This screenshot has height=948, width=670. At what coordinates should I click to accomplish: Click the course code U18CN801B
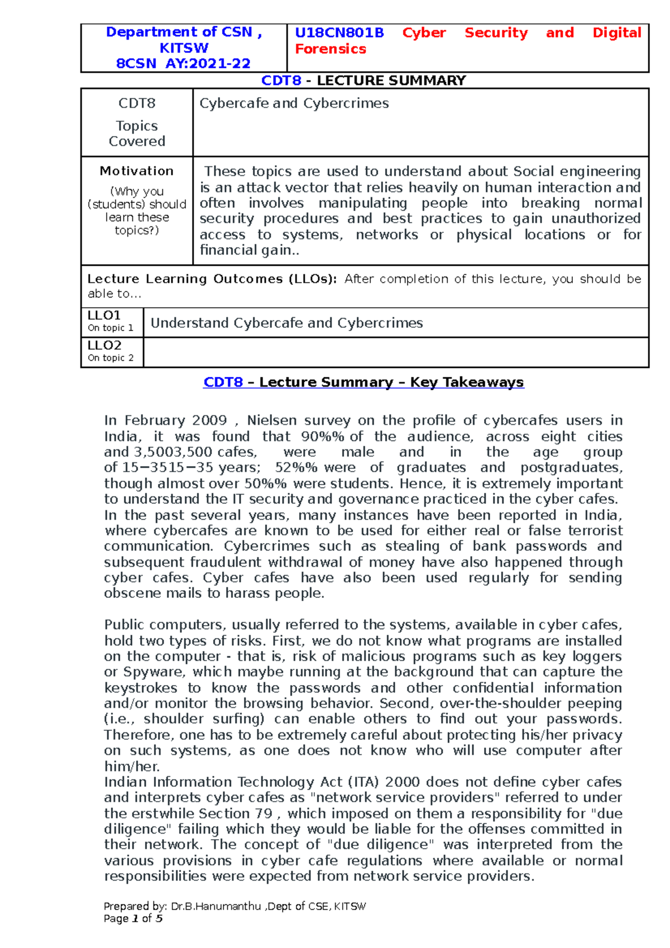(x=339, y=33)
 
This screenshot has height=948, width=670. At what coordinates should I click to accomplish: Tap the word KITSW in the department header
(x=184, y=48)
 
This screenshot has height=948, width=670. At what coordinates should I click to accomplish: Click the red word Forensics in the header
(x=331, y=49)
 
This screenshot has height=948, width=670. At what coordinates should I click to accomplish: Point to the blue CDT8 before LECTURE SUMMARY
(x=281, y=80)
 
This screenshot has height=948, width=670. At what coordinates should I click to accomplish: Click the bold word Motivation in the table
(x=136, y=171)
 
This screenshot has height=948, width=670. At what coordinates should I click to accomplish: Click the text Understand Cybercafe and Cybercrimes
(x=286, y=323)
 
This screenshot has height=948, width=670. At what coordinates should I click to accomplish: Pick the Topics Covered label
(x=137, y=133)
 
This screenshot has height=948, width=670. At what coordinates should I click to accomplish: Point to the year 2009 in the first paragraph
(x=209, y=420)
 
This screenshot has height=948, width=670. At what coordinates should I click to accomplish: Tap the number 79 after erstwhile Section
(x=264, y=813)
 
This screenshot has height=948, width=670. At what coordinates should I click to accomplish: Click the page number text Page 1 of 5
(x=133, y=918)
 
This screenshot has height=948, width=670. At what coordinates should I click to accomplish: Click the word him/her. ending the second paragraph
(x=132, y=767)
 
